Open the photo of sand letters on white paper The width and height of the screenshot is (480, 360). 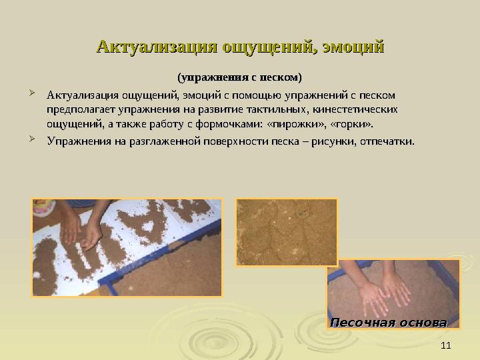click(x=127, y=247)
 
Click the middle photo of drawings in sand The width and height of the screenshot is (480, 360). click(x=287, y=231)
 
